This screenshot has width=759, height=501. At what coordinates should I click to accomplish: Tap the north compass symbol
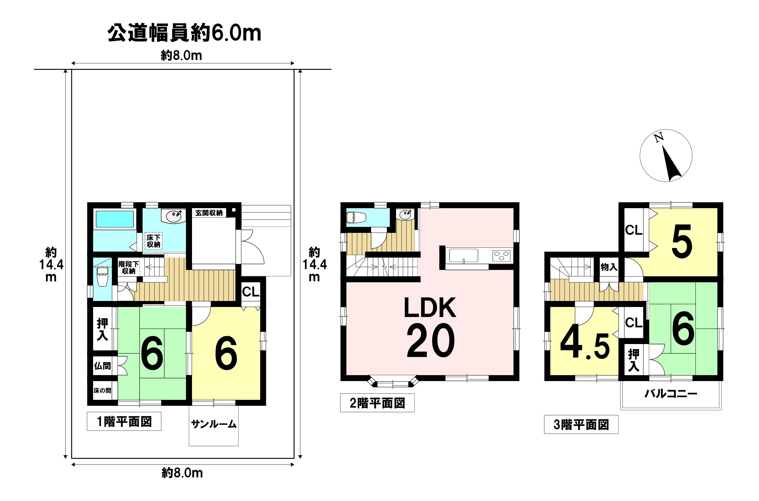point(666,156)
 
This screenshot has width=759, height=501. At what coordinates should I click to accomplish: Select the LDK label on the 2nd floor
point(430,307)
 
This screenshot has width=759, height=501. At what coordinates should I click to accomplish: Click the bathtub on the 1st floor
point(115,219)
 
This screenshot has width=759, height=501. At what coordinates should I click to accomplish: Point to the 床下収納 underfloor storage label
point(153,241)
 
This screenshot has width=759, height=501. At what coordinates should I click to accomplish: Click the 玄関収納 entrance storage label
point(209,213)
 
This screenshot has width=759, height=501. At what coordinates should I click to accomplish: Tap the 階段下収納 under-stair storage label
point(128,268)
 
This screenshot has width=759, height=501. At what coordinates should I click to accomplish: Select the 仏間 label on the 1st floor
point(102,365)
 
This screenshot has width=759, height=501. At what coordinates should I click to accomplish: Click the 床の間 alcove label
point(102,390)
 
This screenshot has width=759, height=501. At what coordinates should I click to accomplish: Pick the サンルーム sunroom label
point(214,424)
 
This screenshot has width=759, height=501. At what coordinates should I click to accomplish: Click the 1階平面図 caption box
point(124,421)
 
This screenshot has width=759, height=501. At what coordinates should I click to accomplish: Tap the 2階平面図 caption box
point(377,403)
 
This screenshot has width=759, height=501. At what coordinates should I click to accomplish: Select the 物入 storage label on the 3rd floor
point(609,267)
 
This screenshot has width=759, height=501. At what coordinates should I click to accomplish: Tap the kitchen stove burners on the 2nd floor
point(501,255)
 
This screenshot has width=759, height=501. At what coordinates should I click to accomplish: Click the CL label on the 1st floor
point(251,291)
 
